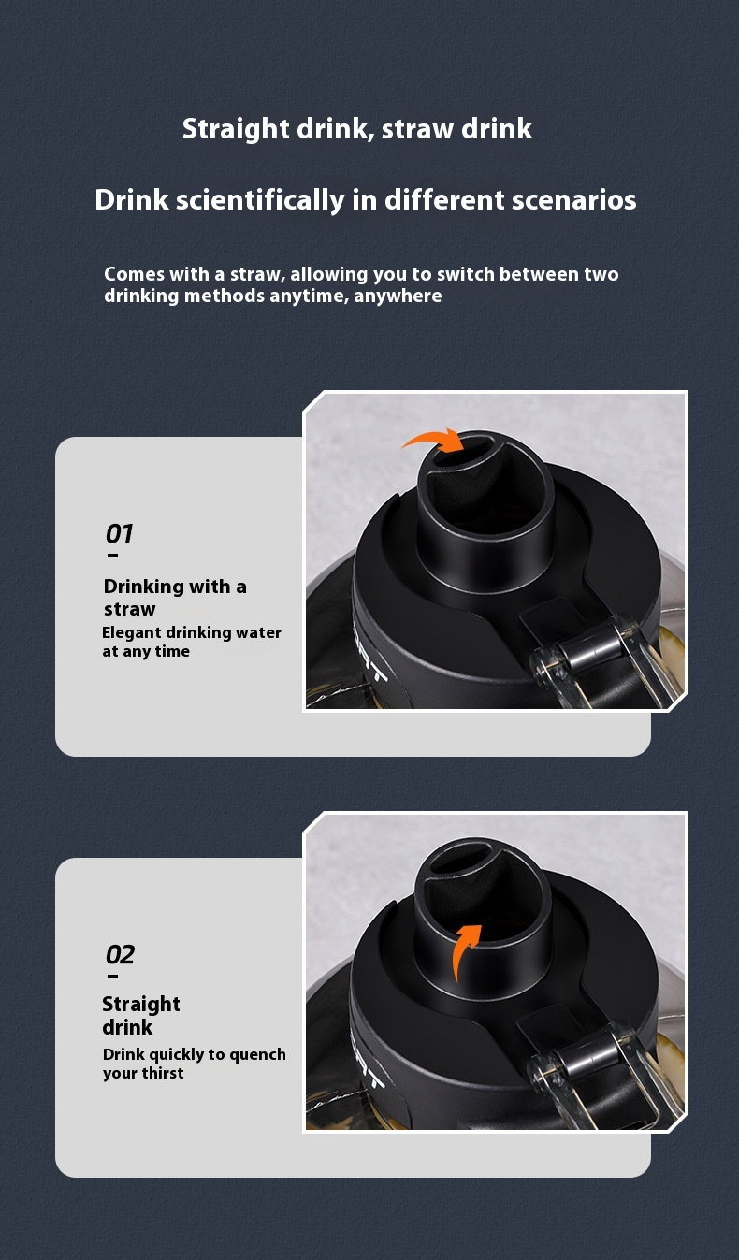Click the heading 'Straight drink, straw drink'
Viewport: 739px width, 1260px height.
coord(357,129)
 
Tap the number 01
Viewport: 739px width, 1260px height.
coord(119,534)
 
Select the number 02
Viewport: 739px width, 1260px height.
coord(120,955)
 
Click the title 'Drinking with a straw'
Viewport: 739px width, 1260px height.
coord(175,597)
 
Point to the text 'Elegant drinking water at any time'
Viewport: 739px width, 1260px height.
coord(191,642)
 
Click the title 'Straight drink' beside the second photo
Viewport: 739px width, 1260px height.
coord(140,1015)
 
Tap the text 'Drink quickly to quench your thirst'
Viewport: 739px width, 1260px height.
coord(194,1064)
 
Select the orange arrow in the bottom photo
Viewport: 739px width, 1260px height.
coord(465,950)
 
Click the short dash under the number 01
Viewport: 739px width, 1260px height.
coord(112,555)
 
